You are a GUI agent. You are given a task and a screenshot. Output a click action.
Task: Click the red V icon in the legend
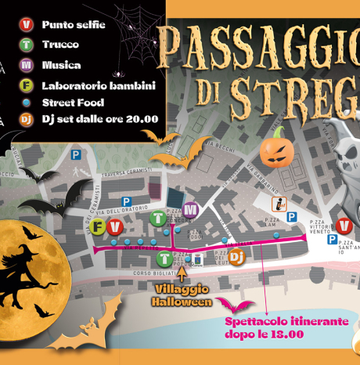point(27,25)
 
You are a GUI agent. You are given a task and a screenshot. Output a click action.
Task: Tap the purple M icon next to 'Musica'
point(27,65)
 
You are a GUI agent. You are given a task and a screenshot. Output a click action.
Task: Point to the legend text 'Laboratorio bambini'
point(99,85)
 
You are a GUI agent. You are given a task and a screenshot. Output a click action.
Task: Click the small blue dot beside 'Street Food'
point(27,102)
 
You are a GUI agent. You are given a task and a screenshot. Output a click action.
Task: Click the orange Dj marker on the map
point(238,255)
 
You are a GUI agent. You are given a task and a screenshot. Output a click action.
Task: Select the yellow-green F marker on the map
point(98,228)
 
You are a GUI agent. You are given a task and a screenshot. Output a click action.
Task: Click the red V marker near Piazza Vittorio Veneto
point(343,226)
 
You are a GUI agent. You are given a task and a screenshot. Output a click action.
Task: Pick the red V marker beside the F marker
point(114,228)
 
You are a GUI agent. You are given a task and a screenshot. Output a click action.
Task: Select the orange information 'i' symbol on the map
point(279,204)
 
